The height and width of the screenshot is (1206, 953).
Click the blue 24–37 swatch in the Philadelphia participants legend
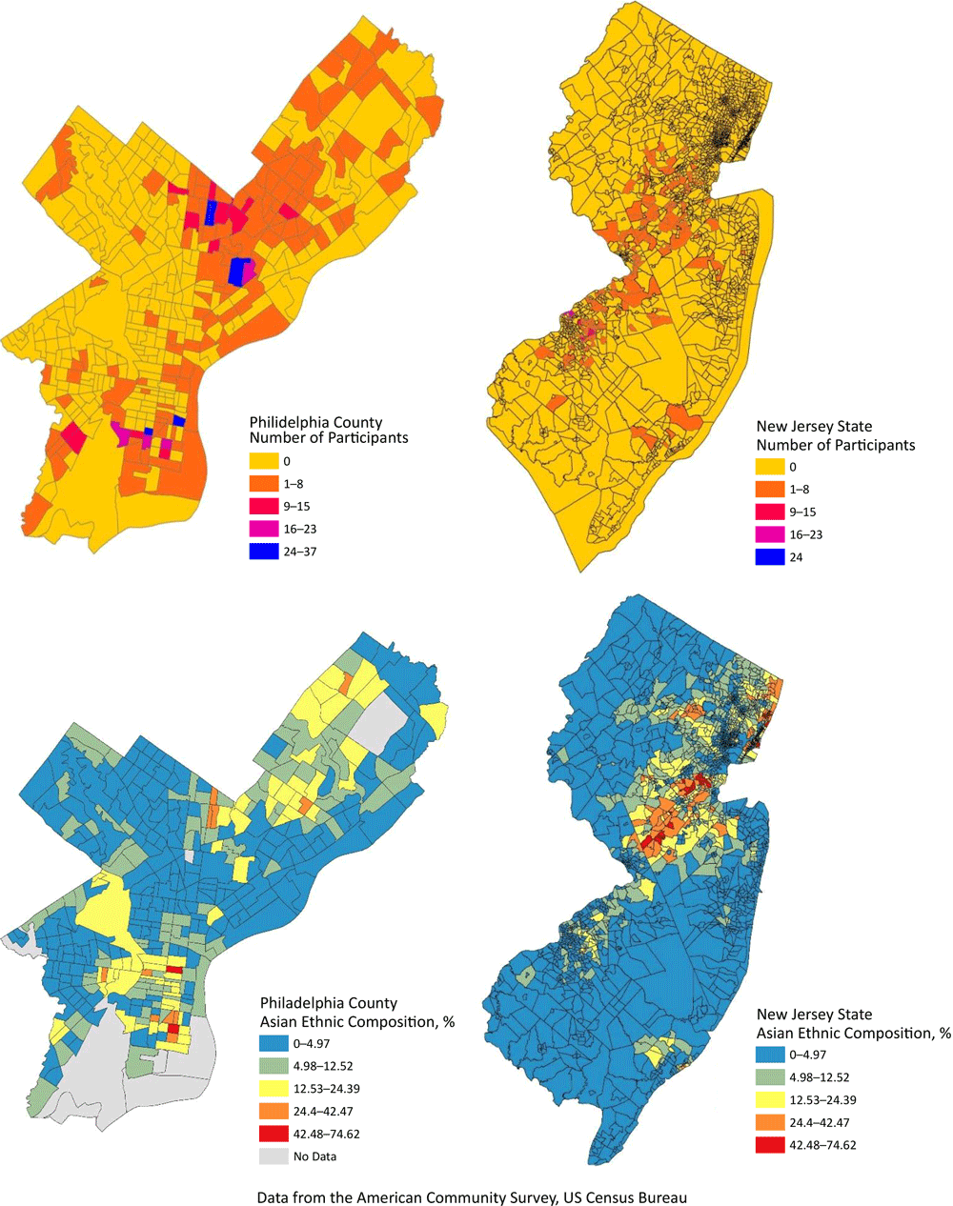[264, 552]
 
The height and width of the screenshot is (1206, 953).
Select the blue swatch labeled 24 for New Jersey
[770, 557]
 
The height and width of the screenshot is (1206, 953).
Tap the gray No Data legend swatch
[274, 1156]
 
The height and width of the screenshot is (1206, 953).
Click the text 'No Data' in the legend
[315, 1156]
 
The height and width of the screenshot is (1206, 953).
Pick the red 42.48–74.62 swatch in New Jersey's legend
[770, 1145]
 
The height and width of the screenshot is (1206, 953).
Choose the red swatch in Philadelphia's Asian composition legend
[274, 1134]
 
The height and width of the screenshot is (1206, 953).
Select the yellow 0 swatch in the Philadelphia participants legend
[264, 461]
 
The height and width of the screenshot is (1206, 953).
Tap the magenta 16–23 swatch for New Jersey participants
[770, 534]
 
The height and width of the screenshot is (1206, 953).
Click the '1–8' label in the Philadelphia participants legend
[294, 484]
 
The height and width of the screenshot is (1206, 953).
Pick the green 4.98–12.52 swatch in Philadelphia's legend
[274, 1066]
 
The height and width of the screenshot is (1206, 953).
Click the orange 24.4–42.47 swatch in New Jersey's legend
[770, 1122]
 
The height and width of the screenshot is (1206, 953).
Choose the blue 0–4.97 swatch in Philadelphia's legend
[274, 1043]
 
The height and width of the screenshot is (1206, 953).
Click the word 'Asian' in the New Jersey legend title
[777, 1033]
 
